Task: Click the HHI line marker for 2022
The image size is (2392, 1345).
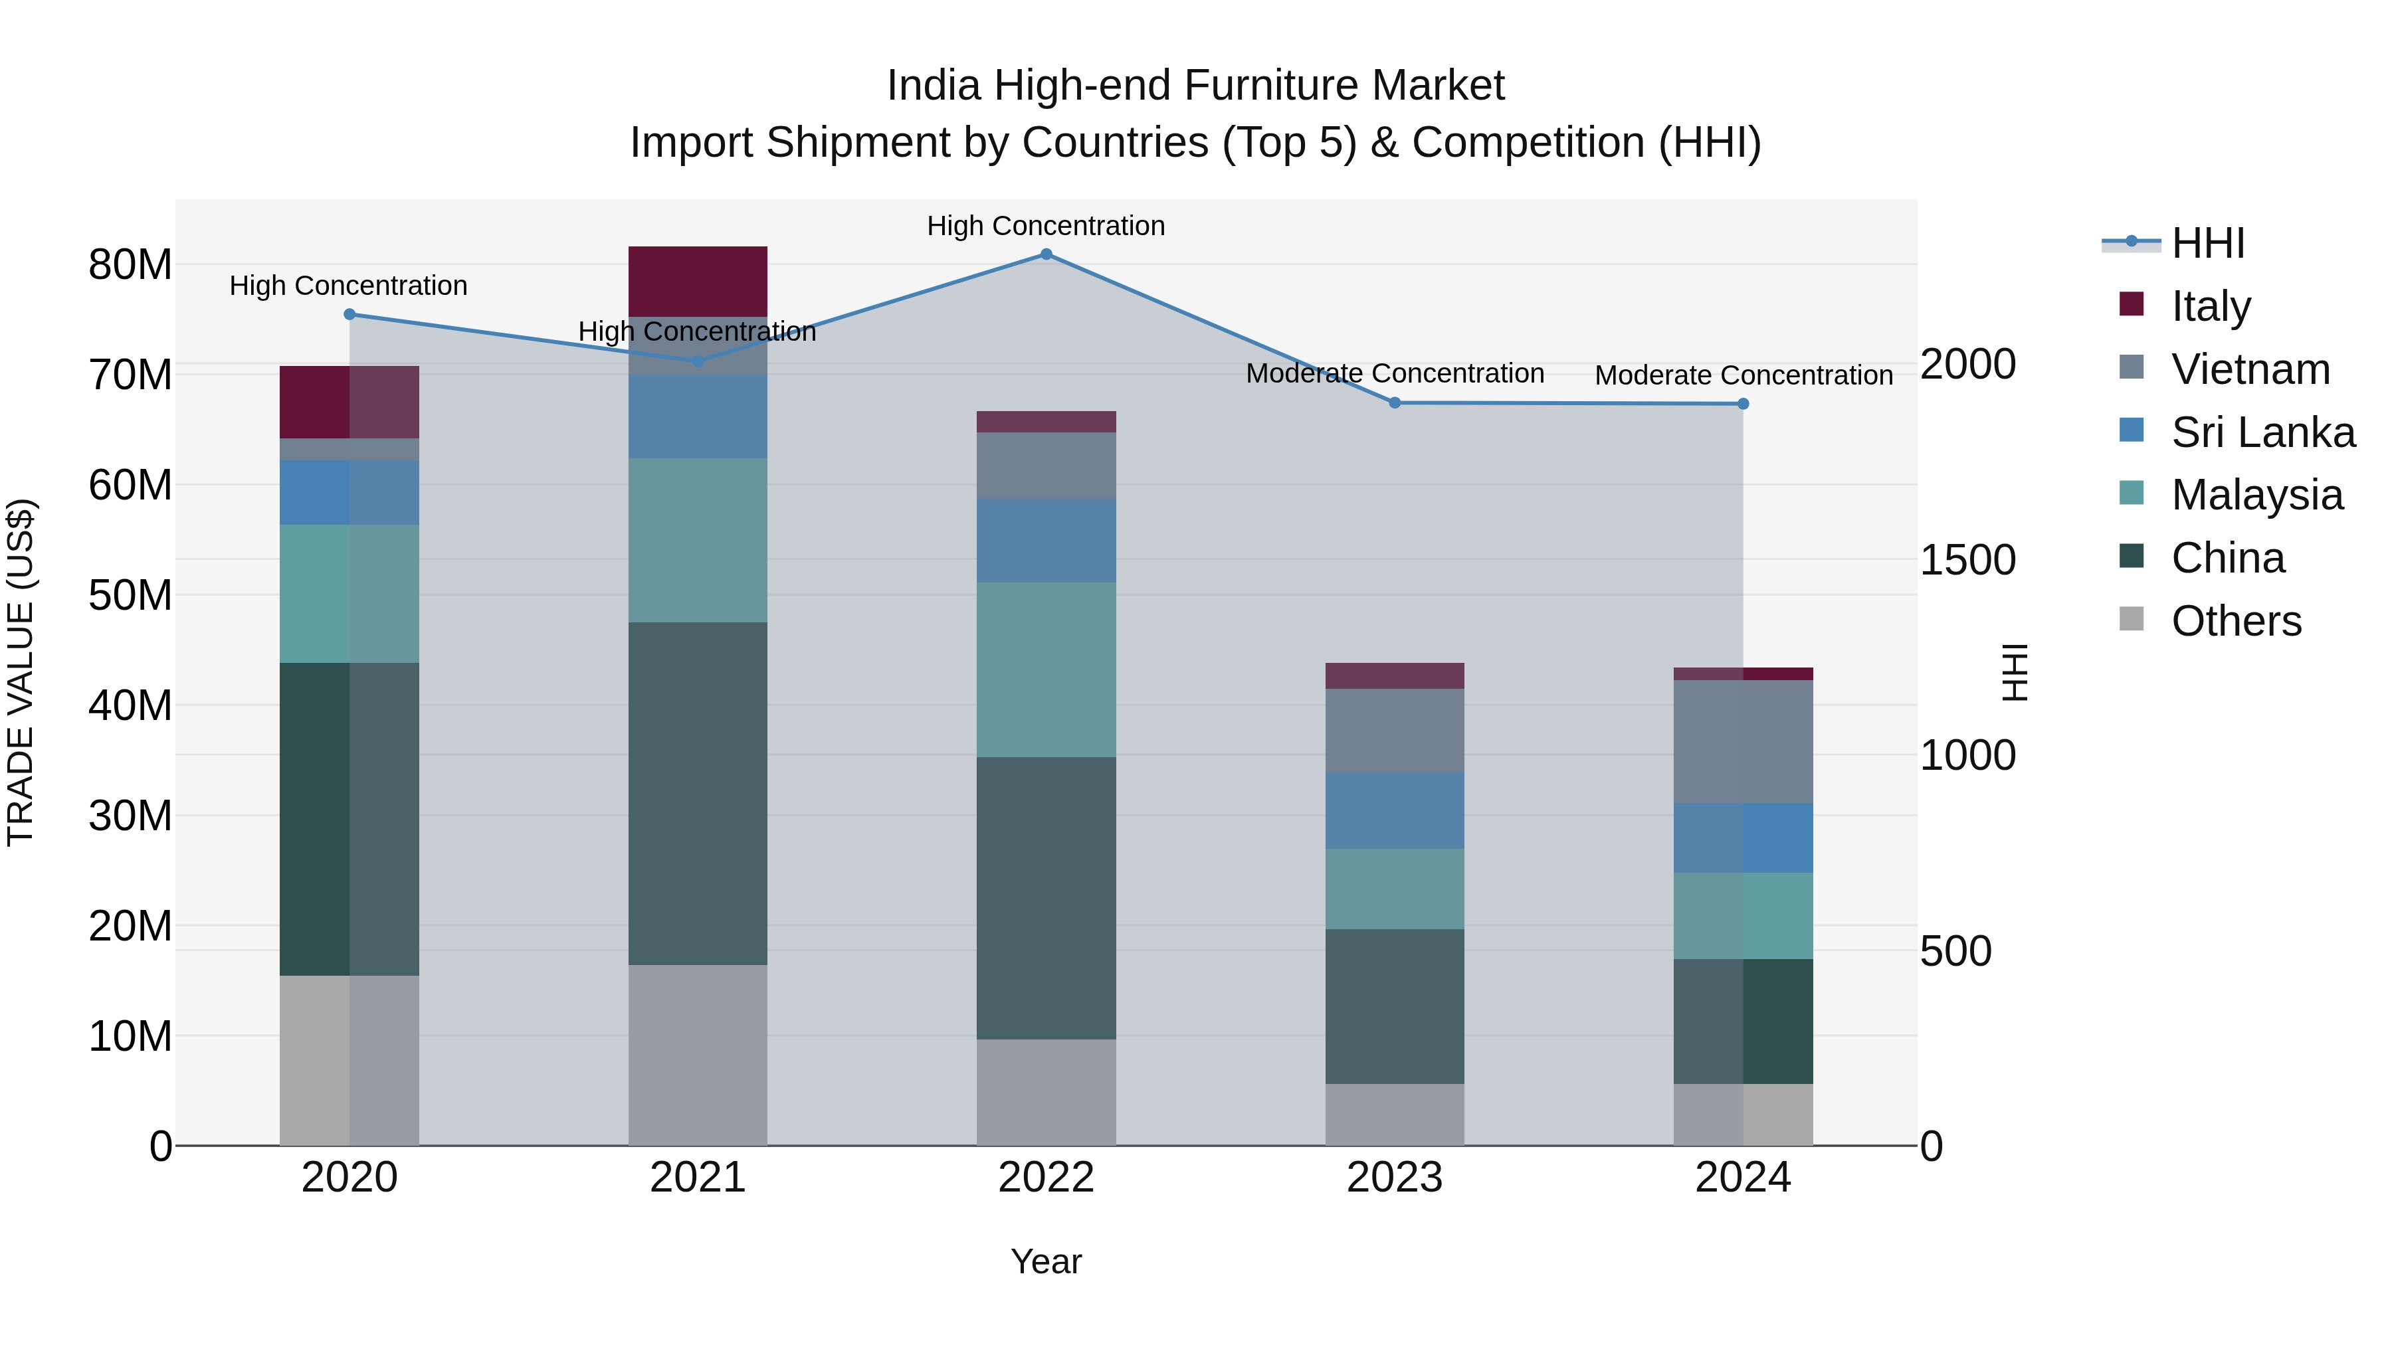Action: pyautogui.click(x=1046, y=254)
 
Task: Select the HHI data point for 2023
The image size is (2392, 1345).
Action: pyautogui.click(x=1394, y=403)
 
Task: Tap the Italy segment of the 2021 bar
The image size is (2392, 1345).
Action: pyautogui.click(x=698, y=281)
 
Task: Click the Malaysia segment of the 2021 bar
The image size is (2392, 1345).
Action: pyautogui.click(x=698, y=539)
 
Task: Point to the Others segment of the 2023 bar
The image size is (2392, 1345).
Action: pyautogui.click(x=1394, y=1114)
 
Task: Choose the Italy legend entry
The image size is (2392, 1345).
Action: pyautogui.click(x=2211, y=306)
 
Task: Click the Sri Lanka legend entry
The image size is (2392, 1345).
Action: pyautogui.click(x=2263, y=432)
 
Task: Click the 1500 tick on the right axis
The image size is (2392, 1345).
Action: pyautogui.click(x=1967, y=560)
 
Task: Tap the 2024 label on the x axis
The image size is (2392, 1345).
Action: pyautogui.click(x=1742, y=1178)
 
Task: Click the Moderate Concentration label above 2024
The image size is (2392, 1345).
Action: pyautogui.click(x=1743, y=376)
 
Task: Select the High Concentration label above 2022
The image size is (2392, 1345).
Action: pyautogui.click(x=1046, y=226)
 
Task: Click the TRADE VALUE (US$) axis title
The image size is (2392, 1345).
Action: pyautogui.click(x=21, y=672)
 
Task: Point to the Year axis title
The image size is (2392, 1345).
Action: pyautogui.click(x=1046, y=1261)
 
